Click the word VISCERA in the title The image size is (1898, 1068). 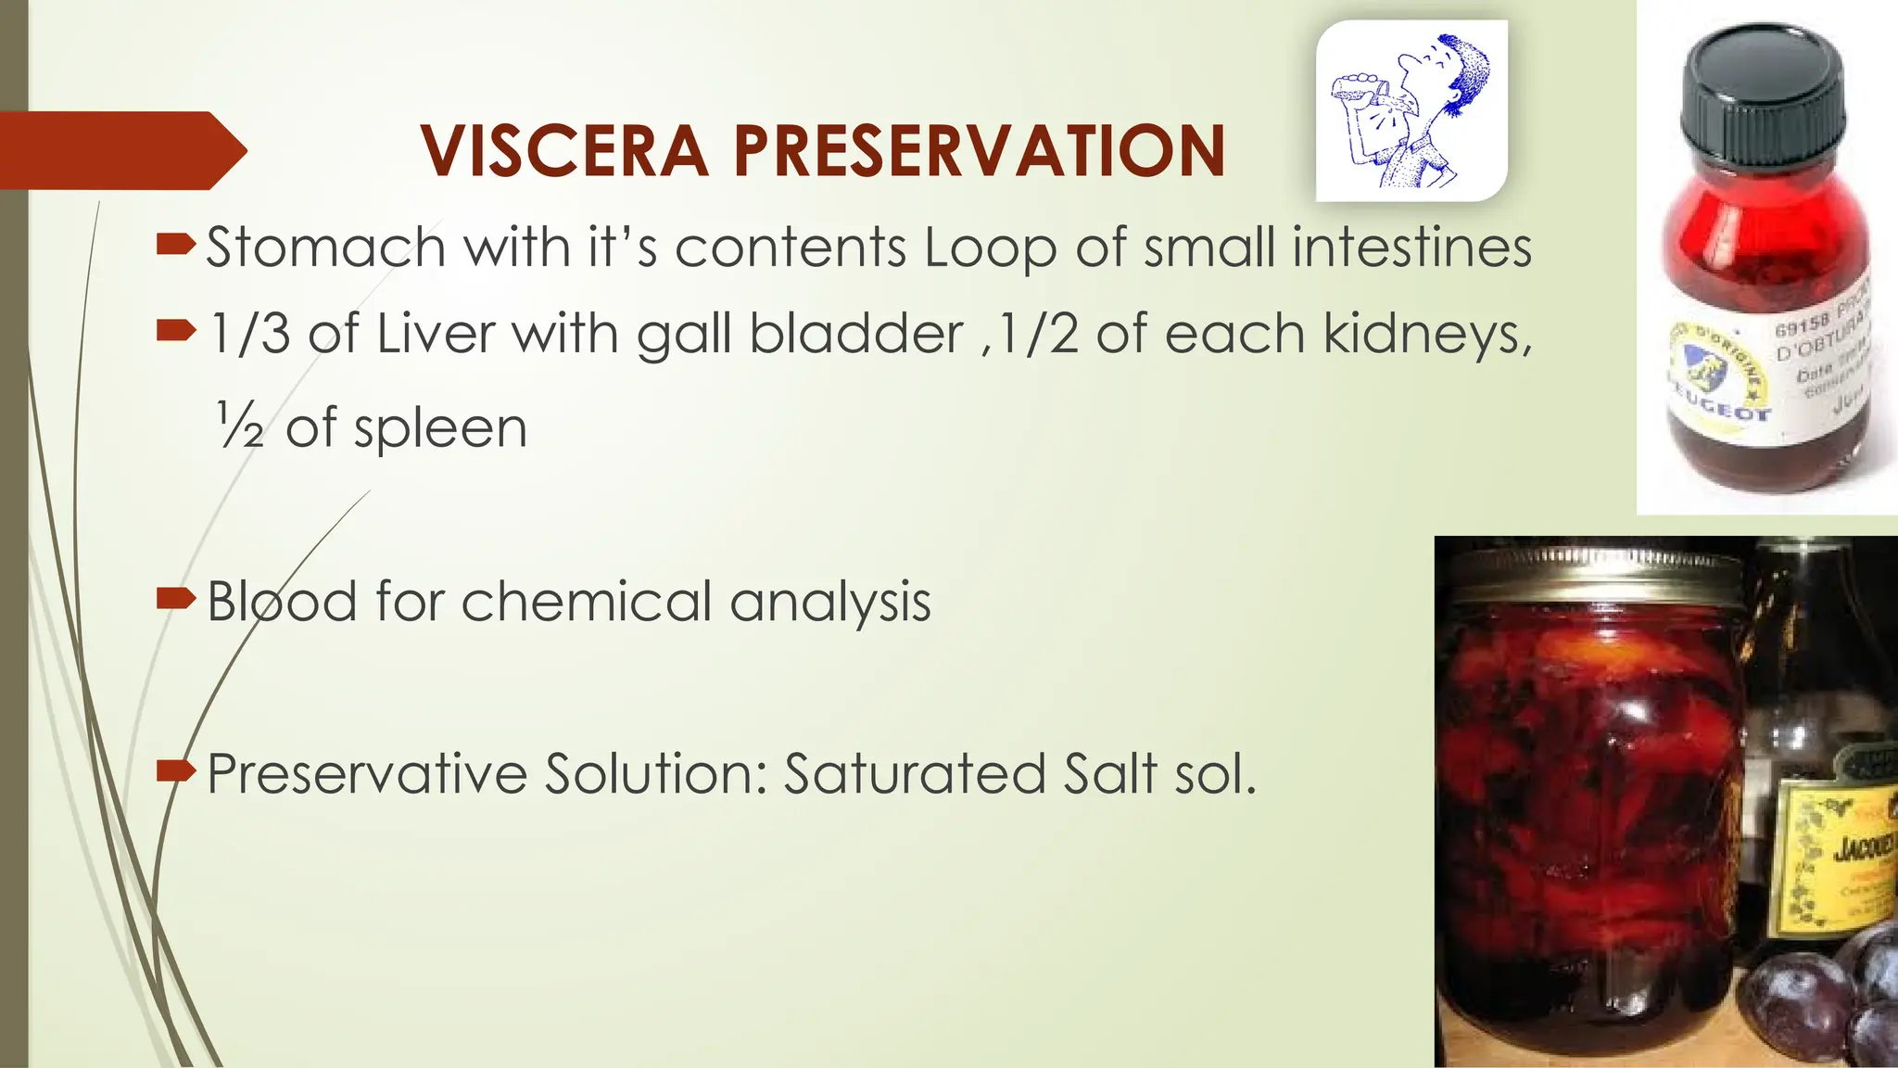click(564, 151)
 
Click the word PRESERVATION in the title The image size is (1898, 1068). click(980, 151)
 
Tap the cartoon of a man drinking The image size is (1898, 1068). click(1411, 111)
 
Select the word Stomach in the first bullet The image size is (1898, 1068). click(325, 248)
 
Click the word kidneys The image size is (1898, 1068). click(1426, 334)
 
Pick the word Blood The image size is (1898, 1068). click(282, 601)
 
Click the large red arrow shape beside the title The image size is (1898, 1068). click(120, 150)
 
